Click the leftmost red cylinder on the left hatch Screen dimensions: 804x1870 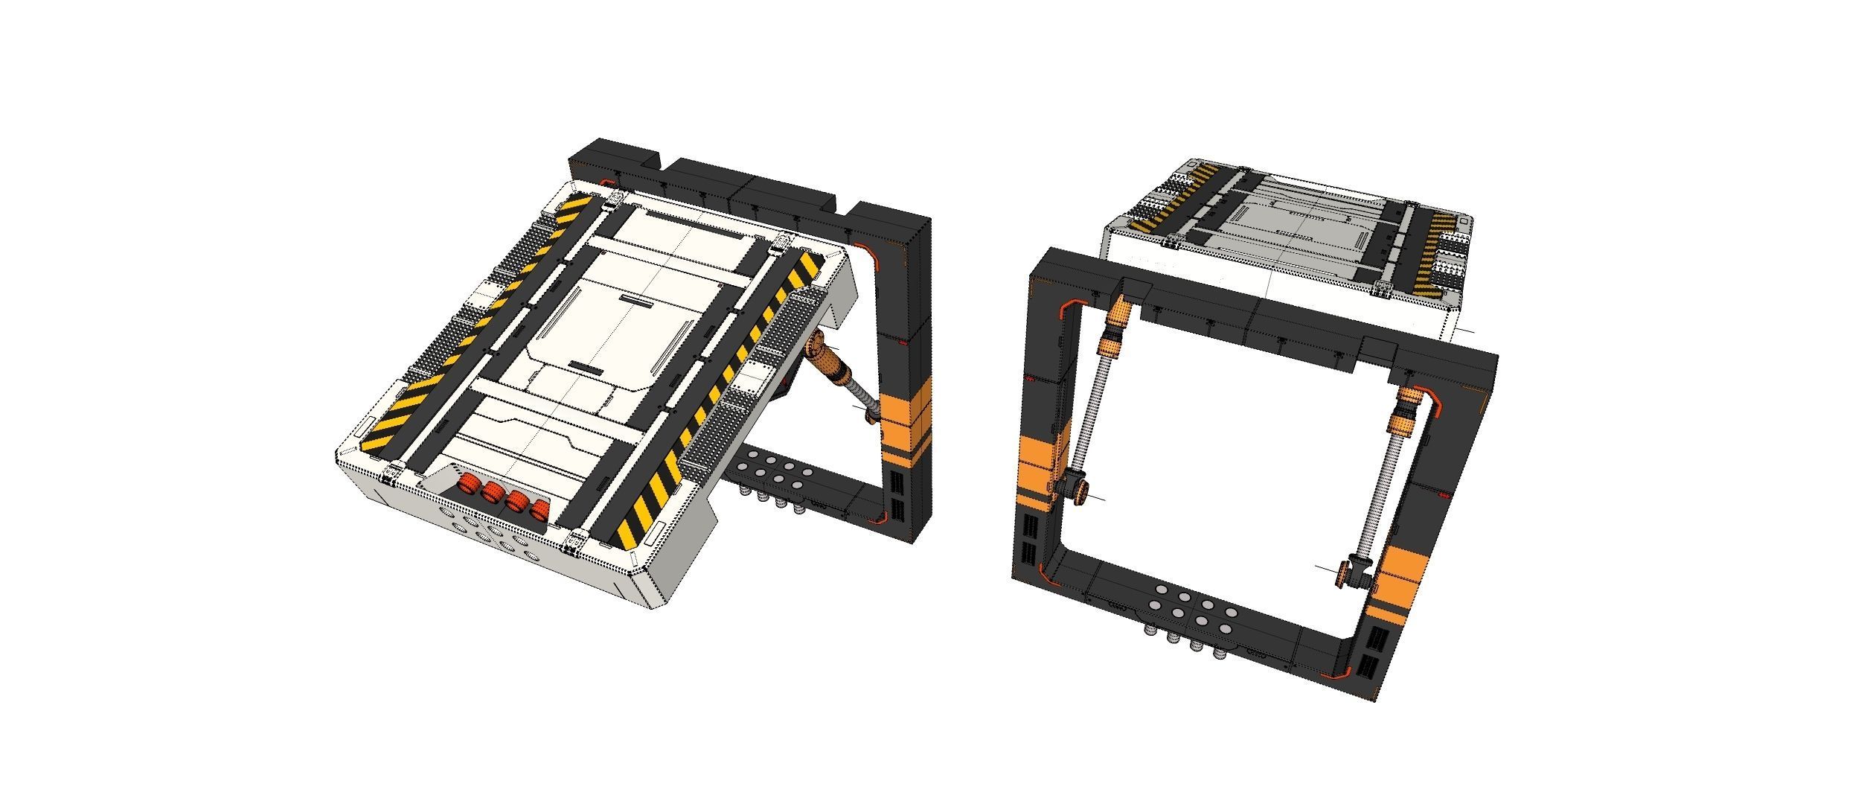click(x=468, y=485)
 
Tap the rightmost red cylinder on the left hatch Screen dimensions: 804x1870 click(x=539, y=510)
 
